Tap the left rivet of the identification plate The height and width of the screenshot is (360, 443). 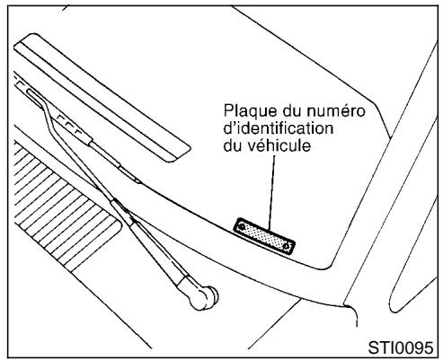coord(241,226)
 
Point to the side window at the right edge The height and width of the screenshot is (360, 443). coord(422,224)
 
